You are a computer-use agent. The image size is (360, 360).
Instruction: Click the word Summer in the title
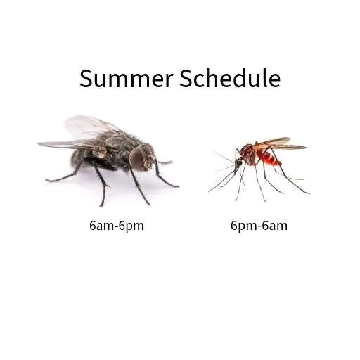click(x=126, y=79)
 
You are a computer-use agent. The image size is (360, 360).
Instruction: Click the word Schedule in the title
click(x=230, y=78)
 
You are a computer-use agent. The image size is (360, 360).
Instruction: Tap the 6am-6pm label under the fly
click(x=117, y=226)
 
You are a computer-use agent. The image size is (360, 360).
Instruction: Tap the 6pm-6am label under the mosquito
click(x=259, y=226)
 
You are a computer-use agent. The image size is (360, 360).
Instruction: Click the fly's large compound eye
click(x=138, y=157)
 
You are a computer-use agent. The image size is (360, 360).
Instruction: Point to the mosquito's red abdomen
click(x=269, y=157)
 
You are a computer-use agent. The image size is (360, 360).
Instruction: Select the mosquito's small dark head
click(x=238, y=162)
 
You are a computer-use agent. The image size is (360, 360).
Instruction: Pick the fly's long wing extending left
click(x=68, y=144)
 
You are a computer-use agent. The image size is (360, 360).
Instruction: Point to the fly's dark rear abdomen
click(x=79, y=158)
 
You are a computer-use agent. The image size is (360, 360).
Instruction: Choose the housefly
click(x=108, y=160)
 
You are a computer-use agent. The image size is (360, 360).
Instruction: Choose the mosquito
click(x=259, y=169)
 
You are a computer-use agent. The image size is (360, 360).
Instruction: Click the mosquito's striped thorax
click(x=249, y=153)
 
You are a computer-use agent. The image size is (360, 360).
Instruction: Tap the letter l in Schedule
click(x=265, y=78)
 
